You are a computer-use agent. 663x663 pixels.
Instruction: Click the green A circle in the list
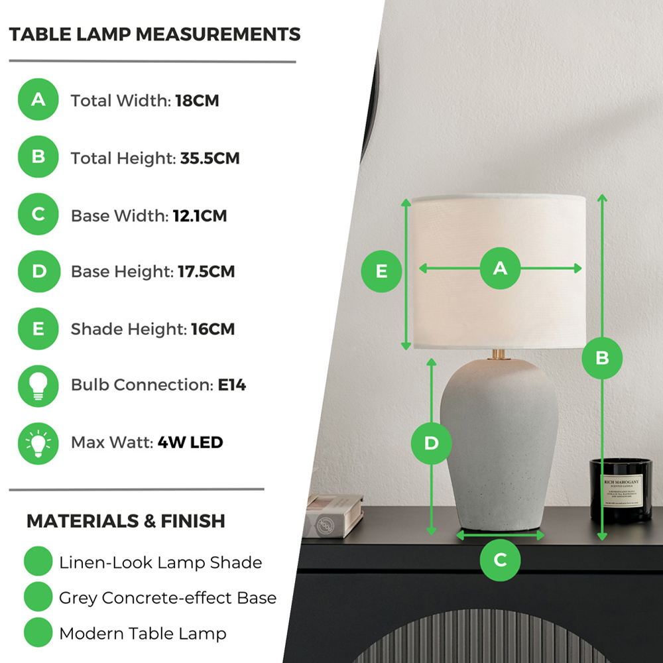click(38, 100)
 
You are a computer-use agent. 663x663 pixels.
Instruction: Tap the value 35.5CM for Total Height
click(210, 158)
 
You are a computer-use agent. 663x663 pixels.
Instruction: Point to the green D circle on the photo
click(432, 443)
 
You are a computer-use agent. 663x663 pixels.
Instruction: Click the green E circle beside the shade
click(381, 271)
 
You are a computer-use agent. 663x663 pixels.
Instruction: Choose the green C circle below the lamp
click(501, 560)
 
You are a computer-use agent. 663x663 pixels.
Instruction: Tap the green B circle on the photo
click(602, 358)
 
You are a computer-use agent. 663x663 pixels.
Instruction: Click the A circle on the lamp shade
click(501, 269)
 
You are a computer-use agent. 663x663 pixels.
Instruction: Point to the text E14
click(232, 385)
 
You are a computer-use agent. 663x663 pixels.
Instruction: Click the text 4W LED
click(190, 442)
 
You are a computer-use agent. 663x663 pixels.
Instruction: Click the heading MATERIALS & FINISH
click(125, 521)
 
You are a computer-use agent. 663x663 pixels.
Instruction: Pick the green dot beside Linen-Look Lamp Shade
click(38, 562)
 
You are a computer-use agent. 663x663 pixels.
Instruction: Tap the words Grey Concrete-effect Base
click(167, 598)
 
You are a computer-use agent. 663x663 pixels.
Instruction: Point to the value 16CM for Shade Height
click(212, 329)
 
